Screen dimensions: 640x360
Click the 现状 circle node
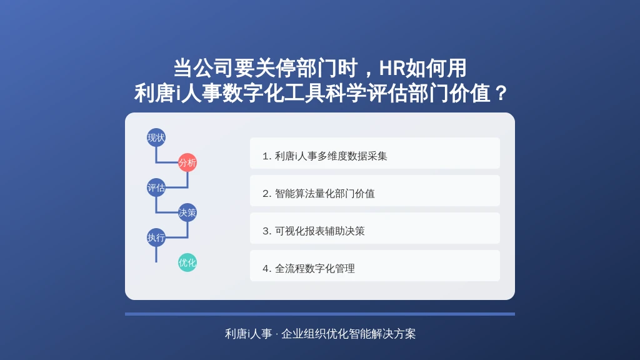156,137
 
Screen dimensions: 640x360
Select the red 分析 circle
187,162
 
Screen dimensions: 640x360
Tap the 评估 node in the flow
156,187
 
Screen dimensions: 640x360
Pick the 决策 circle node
187,212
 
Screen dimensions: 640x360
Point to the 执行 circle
156,237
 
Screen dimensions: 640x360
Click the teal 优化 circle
187,262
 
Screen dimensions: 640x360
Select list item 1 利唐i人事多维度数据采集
375,153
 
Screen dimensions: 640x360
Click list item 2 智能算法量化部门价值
375,191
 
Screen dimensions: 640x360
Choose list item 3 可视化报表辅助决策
375,228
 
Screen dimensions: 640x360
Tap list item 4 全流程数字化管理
375,266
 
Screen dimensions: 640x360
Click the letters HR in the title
392,68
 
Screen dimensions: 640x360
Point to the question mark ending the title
499,94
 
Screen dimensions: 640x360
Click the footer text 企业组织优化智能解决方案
348,334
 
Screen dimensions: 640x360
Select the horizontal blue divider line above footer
320,314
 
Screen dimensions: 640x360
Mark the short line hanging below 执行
156,254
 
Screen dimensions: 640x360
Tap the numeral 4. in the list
267,269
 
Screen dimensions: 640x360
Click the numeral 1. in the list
267,156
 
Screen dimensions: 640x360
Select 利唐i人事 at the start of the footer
248,334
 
